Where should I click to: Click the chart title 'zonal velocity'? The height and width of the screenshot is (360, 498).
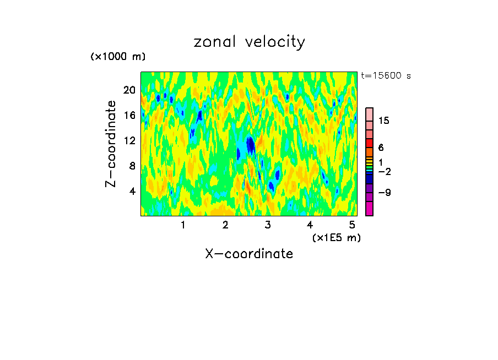click(249, 42)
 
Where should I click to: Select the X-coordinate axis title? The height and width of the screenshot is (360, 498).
click(249, 254)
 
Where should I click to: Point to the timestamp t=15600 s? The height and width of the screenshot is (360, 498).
click(386, 76)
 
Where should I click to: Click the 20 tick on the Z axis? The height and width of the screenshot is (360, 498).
click(129, 90)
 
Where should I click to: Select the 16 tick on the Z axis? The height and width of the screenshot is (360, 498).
click(129, 115)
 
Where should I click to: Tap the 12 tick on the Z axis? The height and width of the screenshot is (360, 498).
click(129, 140)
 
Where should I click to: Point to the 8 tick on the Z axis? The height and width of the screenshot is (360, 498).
click(132, 166)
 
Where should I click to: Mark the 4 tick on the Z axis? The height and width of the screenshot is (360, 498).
click(132, 191)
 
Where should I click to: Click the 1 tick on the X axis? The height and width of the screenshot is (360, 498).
click(183, 225)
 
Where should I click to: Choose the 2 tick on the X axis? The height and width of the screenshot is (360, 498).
click(225, 225)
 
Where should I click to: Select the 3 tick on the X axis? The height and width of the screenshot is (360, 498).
click(268, 225)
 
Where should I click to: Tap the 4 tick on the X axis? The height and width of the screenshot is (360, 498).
click(310, 225)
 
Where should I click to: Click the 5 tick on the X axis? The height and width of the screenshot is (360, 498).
click(352, 225)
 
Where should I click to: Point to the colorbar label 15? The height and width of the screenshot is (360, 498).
click(384, 121)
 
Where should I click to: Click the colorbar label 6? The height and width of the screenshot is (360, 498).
click(381, 148)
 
